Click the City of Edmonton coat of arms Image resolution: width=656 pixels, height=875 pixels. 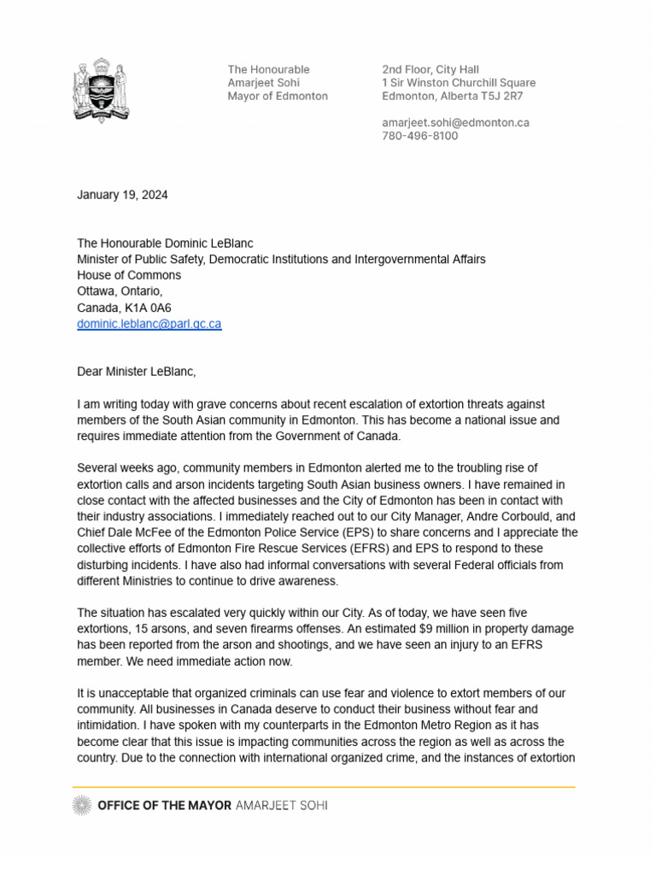click(101, 91)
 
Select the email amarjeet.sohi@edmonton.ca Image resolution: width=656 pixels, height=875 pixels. click(455, 122)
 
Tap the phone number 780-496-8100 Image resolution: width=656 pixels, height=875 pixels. click(419, 136)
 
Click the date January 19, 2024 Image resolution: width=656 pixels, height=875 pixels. click(122, 195)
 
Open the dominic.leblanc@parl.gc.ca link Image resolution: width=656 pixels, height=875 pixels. click(149, 324)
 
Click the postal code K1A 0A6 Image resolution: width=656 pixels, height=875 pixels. click(149, 308)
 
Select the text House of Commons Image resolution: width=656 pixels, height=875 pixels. click(129, 275)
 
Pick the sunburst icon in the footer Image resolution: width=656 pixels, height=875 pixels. click(82, 805)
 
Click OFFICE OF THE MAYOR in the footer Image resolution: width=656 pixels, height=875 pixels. click(164, 805)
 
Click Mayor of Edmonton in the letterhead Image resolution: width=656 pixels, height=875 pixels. click(277, 96)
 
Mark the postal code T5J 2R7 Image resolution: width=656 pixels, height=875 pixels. click(507, 96)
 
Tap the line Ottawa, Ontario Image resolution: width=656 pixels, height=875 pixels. click(114, 291)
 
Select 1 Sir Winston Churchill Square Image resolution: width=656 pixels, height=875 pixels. click(459, 83)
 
